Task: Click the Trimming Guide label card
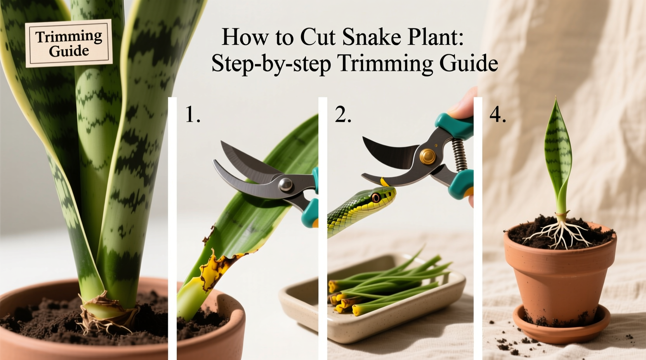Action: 69,43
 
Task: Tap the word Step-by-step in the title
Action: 271,64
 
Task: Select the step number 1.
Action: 192,115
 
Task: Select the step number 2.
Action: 342,115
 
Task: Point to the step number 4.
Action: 497,115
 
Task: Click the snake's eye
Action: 376,197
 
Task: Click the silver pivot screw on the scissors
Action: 286,183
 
